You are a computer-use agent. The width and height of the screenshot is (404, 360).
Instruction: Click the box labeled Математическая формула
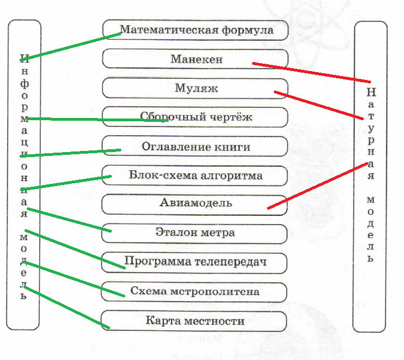tap(196, 30)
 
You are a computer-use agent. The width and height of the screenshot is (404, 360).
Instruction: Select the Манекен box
tap(196, 59)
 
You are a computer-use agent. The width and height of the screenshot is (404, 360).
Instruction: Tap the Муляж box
tap(195, 88)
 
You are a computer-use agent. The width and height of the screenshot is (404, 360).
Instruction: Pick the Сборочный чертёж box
tap(195, 117)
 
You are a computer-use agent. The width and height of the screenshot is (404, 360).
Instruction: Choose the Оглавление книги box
tap(195, 146)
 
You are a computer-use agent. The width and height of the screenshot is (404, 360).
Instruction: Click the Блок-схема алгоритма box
tap(195, 176)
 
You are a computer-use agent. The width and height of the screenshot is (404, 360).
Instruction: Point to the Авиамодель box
tap(194, 205)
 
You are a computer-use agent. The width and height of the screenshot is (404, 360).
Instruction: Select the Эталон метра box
tap(194, 234)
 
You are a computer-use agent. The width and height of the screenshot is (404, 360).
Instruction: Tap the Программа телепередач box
tap(194, 263)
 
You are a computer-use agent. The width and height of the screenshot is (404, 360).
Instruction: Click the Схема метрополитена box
tap(194, 292)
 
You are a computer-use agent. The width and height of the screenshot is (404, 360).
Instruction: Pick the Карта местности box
tap(194, 321)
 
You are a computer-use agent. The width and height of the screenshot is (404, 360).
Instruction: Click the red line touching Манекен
tap(311, 73)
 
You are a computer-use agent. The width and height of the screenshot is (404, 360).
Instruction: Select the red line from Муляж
tap(319, 105)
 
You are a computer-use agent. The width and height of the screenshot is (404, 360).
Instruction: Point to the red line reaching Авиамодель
tap(318, 186)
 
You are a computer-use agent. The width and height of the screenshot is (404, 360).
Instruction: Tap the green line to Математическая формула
tap(70, 46)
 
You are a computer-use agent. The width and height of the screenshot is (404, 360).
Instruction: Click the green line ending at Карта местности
tap(66, 307)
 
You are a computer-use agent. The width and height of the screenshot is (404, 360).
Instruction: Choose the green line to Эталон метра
tap(69, 220)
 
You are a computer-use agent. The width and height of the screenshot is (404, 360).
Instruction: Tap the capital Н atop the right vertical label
tap(371, 92)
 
